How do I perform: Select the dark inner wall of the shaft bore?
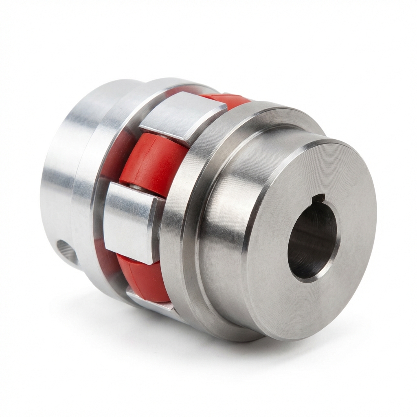(x=305, y=244)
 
